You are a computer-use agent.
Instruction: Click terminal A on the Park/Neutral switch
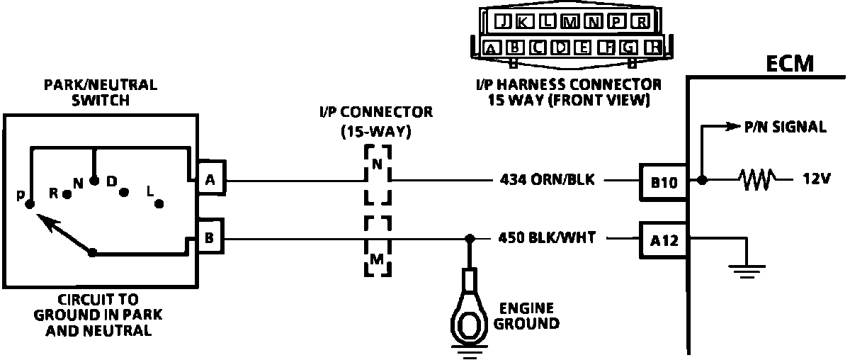[210, 181]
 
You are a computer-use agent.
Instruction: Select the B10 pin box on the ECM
[663, 181]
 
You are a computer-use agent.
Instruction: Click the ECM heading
[790, 66]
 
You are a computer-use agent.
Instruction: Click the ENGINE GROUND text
[526, 316]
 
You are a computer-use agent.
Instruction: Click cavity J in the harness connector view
[503, 21]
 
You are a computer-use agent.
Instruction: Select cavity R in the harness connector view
[640, 21]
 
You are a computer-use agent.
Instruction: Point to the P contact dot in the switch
[29, 204]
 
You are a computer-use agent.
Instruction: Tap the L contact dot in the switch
[159, 203]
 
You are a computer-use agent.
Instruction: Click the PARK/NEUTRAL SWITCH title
[101, 92]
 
